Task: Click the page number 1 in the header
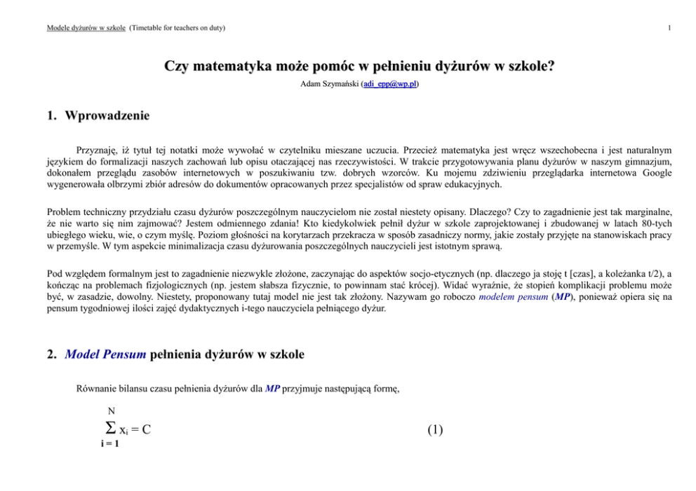671,28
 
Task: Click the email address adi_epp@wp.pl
390,84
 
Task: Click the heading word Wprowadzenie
107,116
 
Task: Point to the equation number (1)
435,429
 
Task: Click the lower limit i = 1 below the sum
109,444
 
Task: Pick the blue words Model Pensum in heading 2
105,354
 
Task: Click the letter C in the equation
146,429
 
